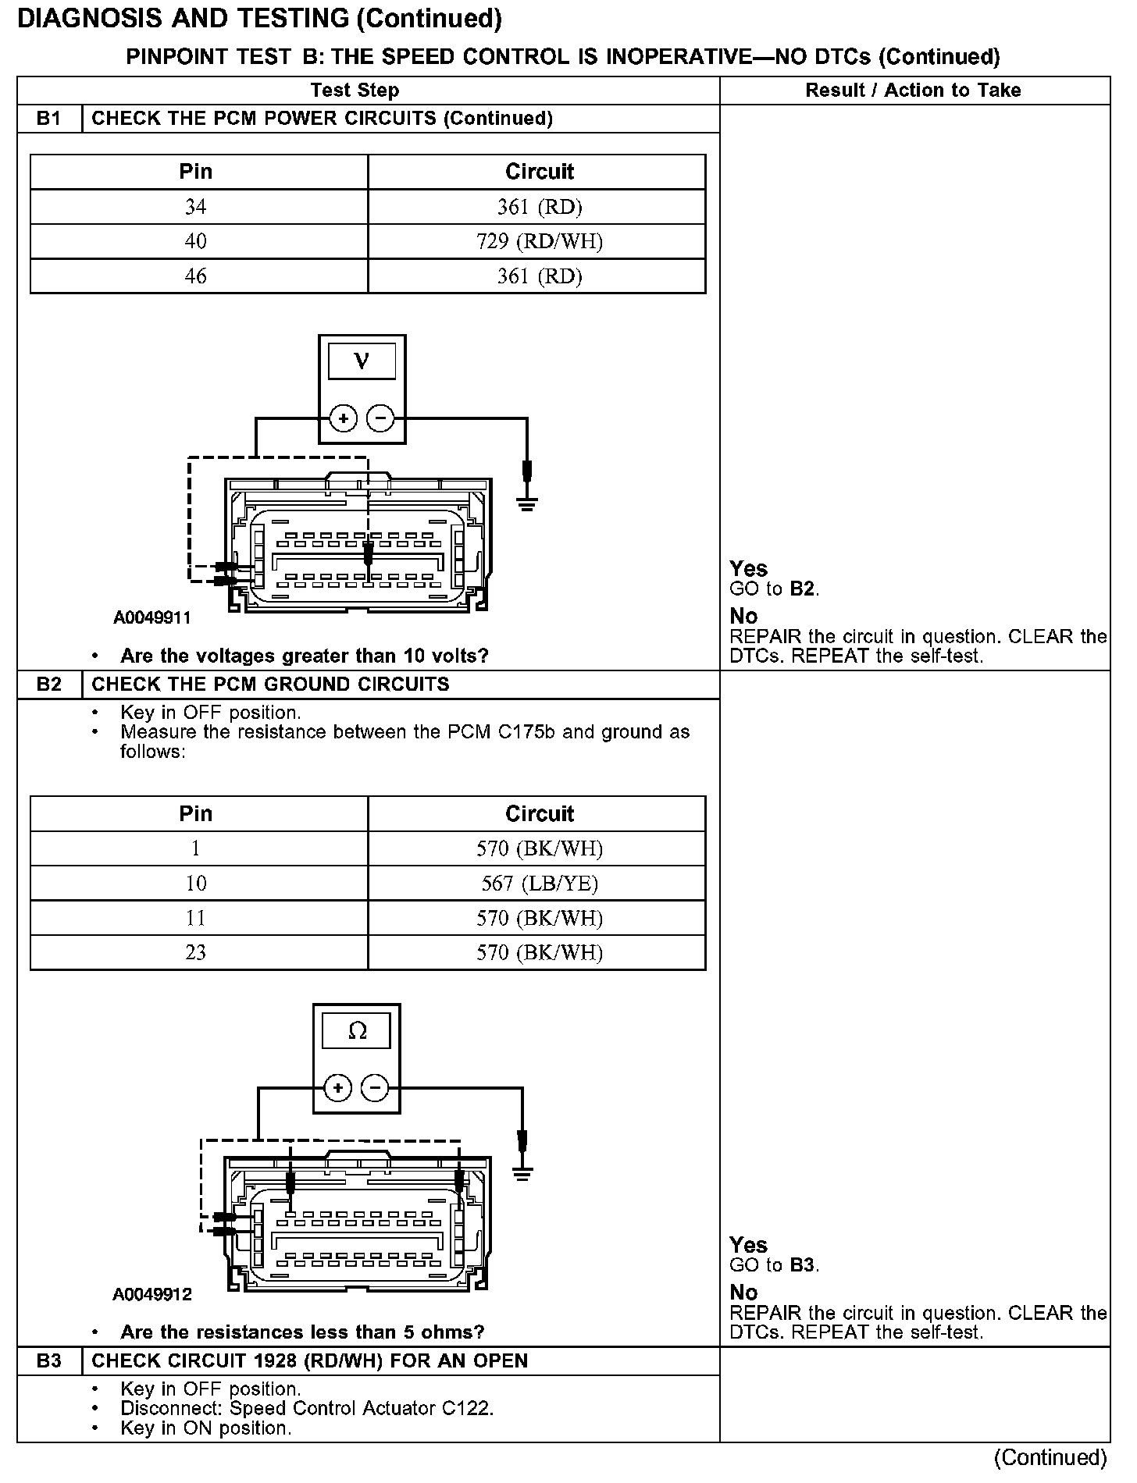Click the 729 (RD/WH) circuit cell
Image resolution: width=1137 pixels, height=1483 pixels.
pos(540,242)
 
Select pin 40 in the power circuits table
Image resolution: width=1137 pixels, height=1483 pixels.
pos(195,242)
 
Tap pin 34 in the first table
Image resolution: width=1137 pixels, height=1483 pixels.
pos(195,207)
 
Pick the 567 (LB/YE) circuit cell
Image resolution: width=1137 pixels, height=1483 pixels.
pos(540,884)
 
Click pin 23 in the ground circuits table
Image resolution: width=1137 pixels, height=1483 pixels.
pos(195,953)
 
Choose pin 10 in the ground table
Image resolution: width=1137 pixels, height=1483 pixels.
pos(195,884)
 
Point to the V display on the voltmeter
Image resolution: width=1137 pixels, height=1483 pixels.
pos(362,361)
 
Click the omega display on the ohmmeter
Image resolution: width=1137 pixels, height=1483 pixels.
pos(357,1031)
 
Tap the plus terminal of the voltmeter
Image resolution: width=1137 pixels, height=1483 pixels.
pos(343,419)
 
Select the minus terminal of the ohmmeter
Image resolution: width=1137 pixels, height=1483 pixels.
pos(376,1088)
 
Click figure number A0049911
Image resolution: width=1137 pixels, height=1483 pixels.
pos(152,619)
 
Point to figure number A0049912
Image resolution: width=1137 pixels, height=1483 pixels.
pos(152,1295)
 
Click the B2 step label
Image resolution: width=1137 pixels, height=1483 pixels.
pos(48,685)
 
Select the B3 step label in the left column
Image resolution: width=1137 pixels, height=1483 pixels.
pos(48,1360)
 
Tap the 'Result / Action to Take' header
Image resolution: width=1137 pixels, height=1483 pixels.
pos(913,91)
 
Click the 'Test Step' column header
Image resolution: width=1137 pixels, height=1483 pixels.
pos(355,91)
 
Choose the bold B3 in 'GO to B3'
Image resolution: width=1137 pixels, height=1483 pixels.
pos(802,1265)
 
